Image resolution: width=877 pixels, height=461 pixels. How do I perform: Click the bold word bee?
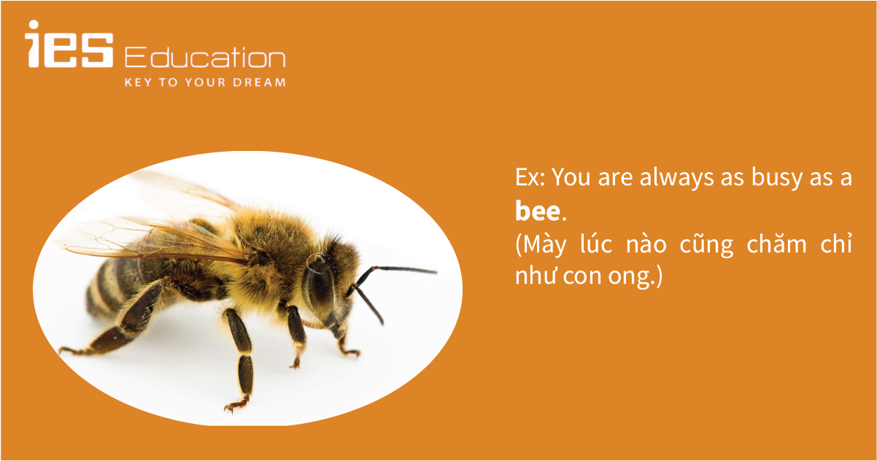click(x=538, y=211)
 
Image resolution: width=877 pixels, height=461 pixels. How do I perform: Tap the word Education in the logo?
click(x=205, y=57)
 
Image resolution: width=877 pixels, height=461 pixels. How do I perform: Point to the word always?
click(x=677, y=178)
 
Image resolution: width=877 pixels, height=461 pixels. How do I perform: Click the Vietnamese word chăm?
click(x=777, y=244)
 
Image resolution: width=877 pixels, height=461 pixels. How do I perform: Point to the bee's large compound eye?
click(x=319, y=286)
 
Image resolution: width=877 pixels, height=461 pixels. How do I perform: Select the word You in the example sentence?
click(x=571, y=177)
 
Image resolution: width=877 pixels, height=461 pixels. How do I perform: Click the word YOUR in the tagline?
click(x=205, y=82)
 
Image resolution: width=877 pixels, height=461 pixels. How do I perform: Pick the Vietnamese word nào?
click(x=646, y=244)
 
